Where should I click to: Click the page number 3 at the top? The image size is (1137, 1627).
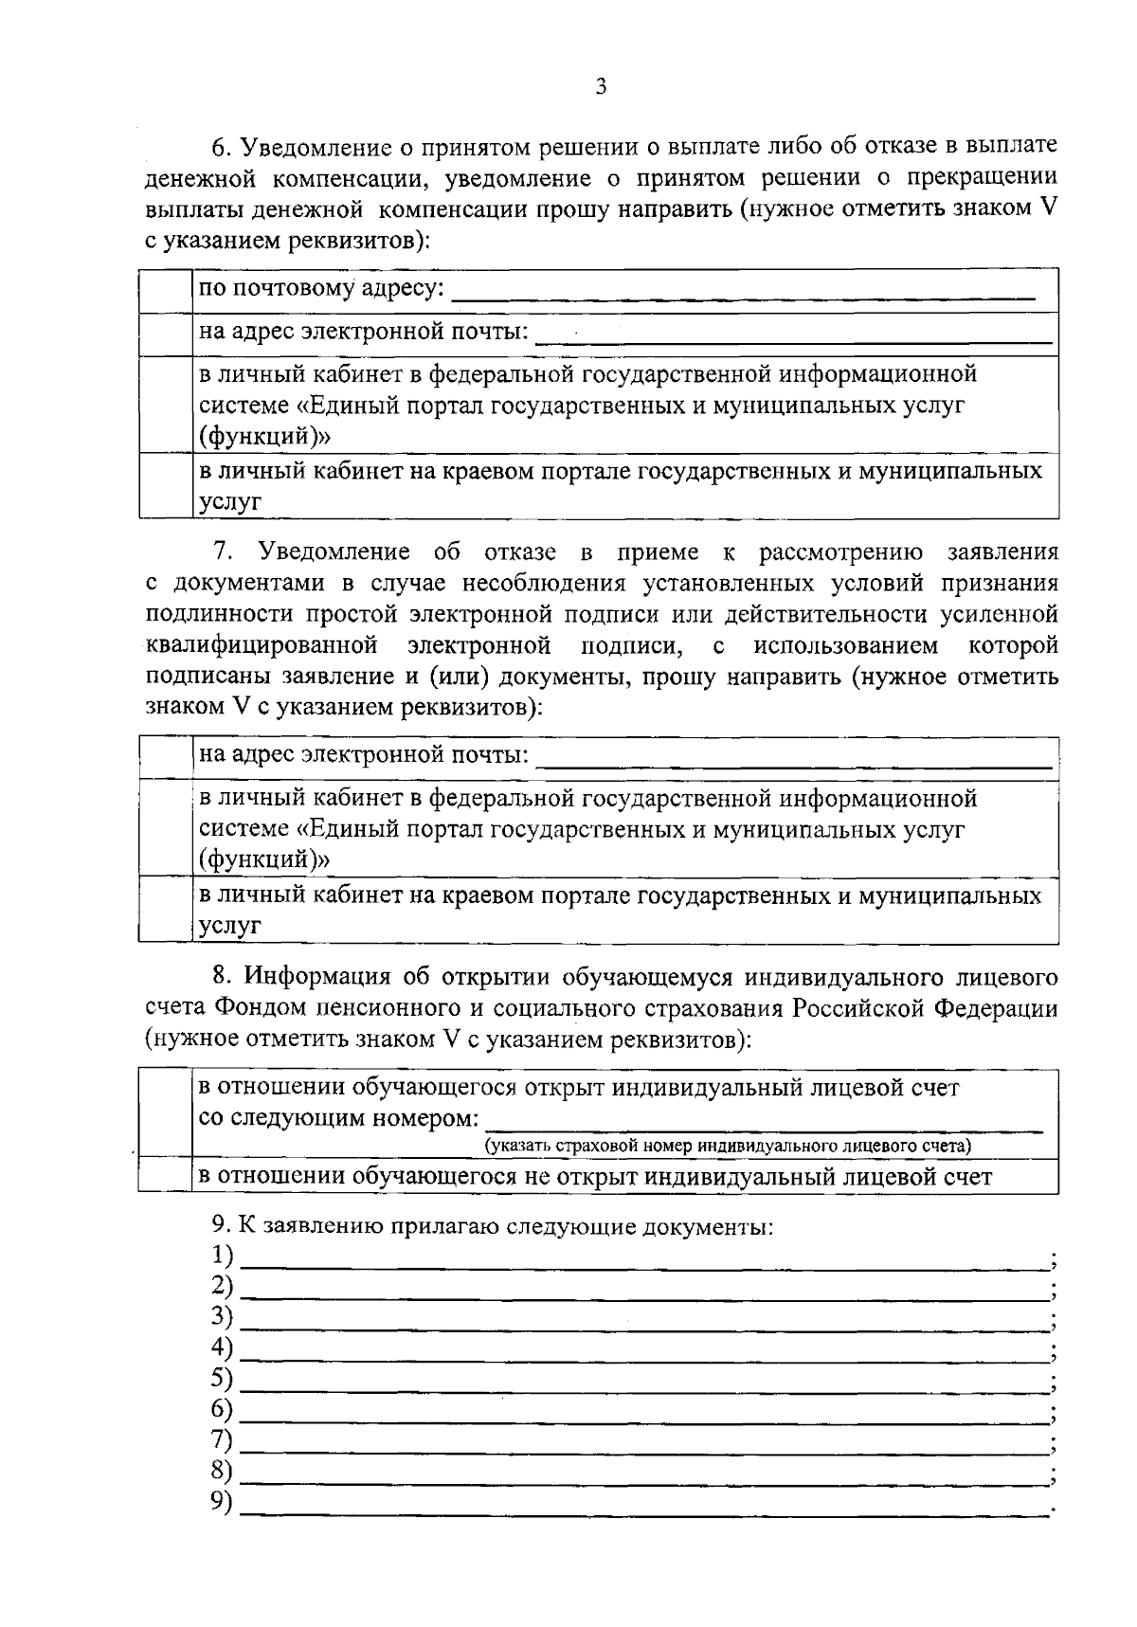(x=600, y=88)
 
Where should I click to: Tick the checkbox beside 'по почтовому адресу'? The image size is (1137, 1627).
(x=166, y=290)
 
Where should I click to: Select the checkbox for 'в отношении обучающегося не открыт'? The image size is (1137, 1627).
(x=165, y=1177)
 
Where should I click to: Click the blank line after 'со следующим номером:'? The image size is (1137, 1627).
(x=763, y=1124)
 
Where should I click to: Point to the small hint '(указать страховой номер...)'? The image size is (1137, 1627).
(x=728, y=1146)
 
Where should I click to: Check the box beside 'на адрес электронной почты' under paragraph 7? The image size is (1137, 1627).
(x=166, y=756)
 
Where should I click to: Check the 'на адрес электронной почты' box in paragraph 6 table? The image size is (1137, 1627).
(x=166, y=334)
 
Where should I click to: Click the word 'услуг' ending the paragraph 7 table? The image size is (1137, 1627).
(x=229, y=927)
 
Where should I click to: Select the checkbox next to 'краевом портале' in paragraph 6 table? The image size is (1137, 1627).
(x=166, y=485)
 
